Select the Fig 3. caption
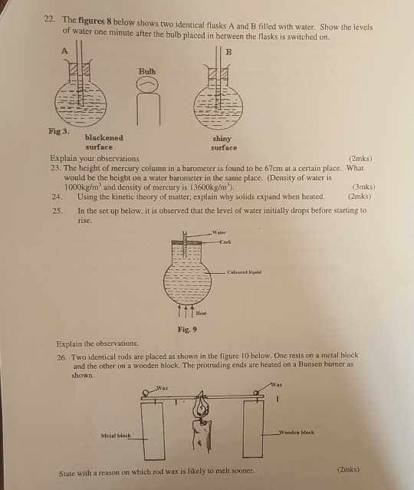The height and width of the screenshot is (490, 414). (x=51, y=131)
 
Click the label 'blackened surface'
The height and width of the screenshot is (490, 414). (x=98, y=142)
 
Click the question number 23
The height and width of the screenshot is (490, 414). (x=54, y=168)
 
